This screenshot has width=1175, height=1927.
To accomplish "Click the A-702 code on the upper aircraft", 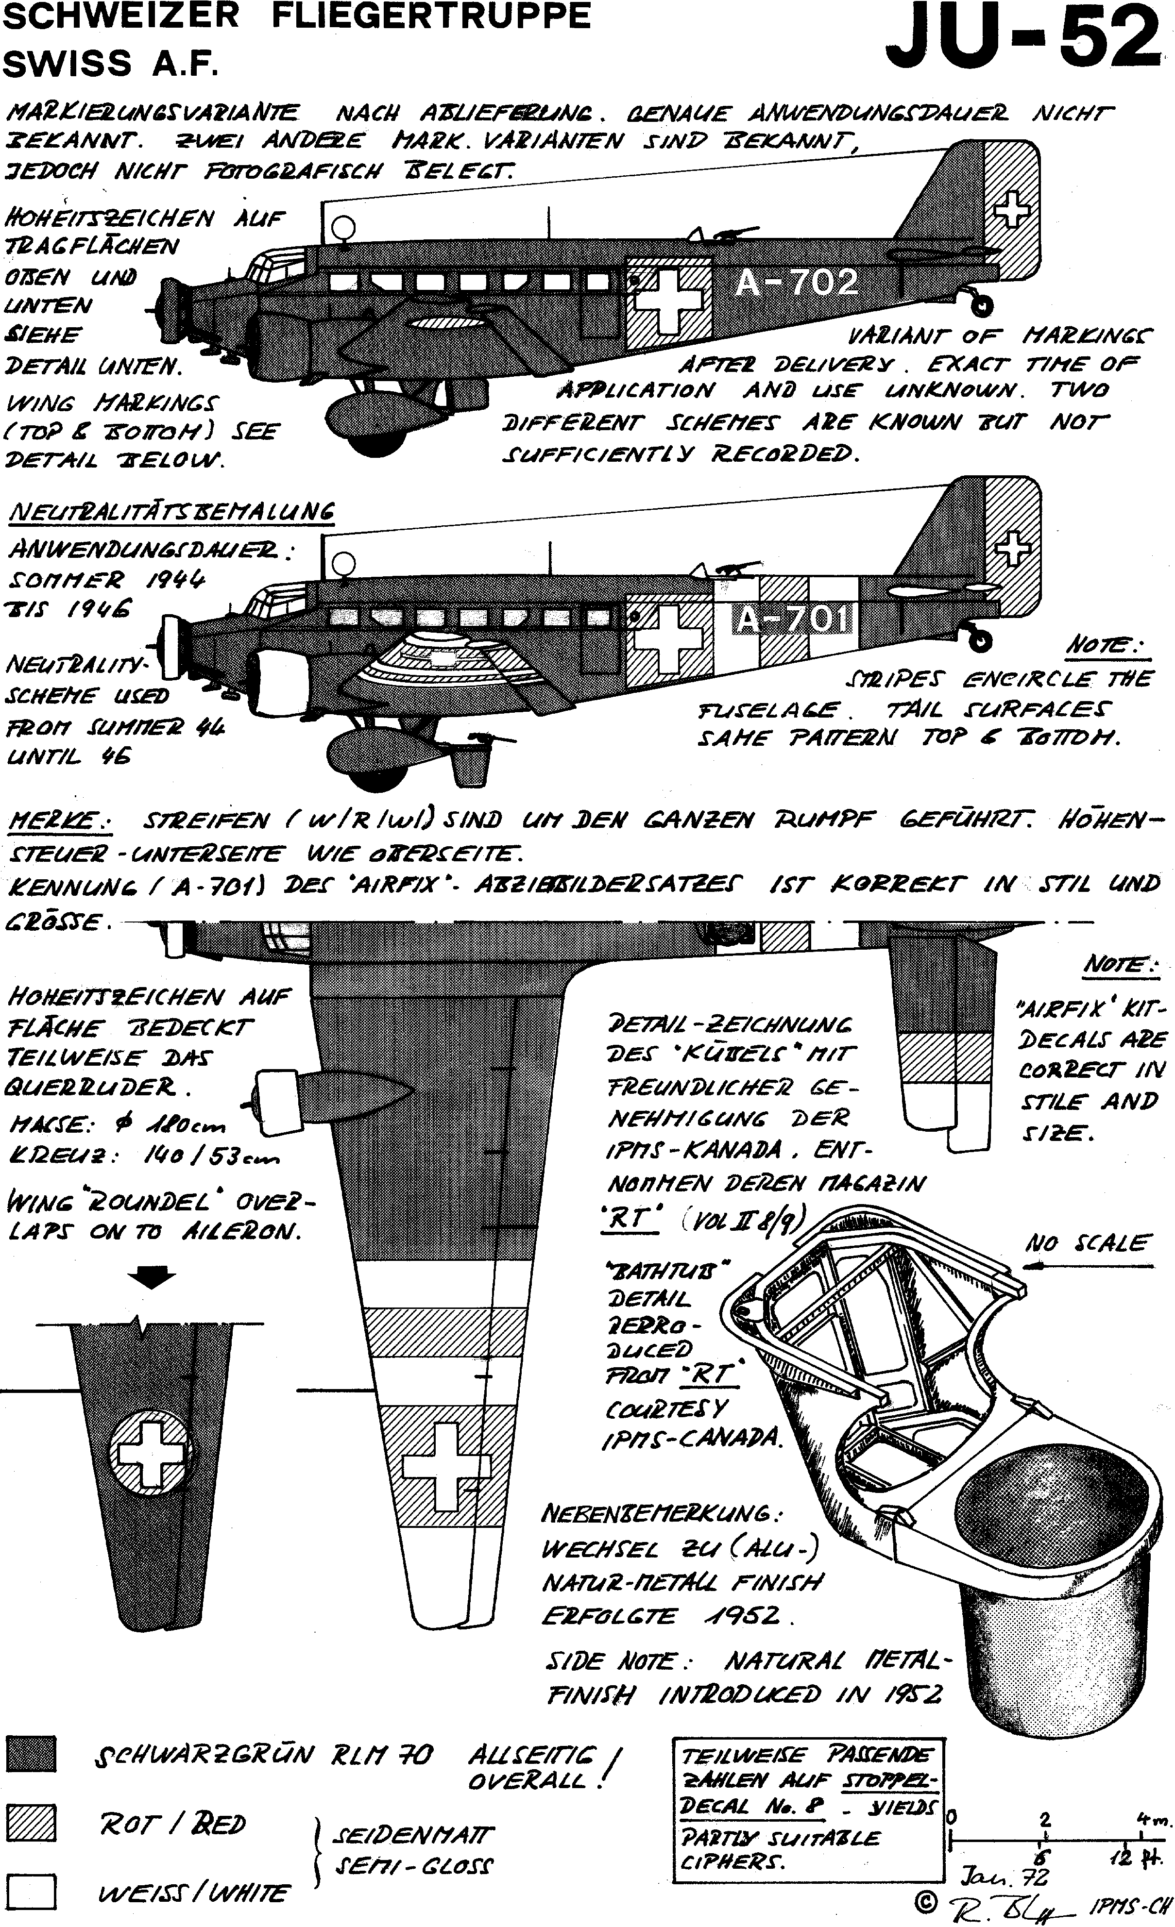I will pos(797,282).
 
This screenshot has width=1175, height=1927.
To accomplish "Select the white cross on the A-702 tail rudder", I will pos(1013,205).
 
